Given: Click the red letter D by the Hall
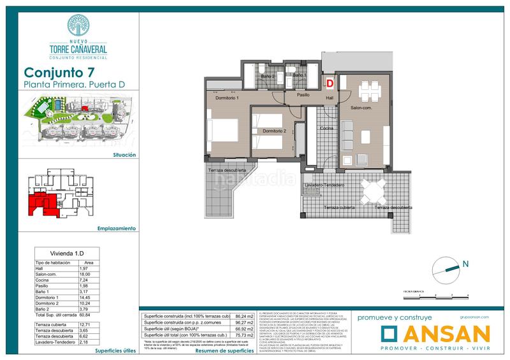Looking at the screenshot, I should click(x=330, y=82).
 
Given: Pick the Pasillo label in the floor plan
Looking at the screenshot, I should click(x=303, y=94).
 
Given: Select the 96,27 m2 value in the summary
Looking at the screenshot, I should click(x=243, y=322).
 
